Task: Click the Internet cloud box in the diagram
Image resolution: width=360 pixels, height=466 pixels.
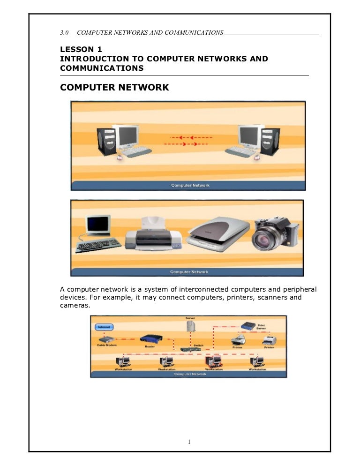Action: (x=105, y=327)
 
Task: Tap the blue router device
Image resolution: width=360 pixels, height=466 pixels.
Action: (x=150, y=339)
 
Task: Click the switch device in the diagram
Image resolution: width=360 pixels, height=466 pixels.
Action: (x=190, y=348)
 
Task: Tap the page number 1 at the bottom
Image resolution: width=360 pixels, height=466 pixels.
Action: (x=187, y=442)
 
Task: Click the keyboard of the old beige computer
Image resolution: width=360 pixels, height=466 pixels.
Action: (x=98, y=245)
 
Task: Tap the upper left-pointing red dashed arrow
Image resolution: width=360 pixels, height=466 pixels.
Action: (x=190, y=138)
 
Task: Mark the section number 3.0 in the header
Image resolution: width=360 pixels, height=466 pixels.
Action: (x=65, y=32)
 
